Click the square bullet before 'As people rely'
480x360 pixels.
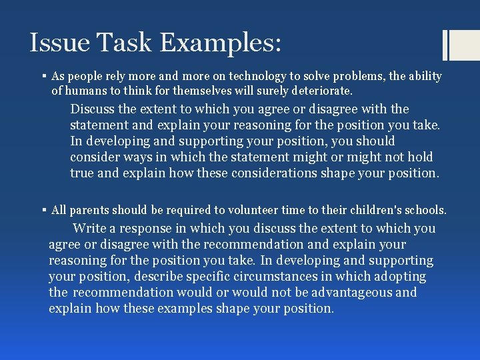pos(43,76)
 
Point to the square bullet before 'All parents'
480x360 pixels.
pos(43,210)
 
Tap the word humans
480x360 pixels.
pos(85,90)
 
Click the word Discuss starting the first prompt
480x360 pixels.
pos(93,109)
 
